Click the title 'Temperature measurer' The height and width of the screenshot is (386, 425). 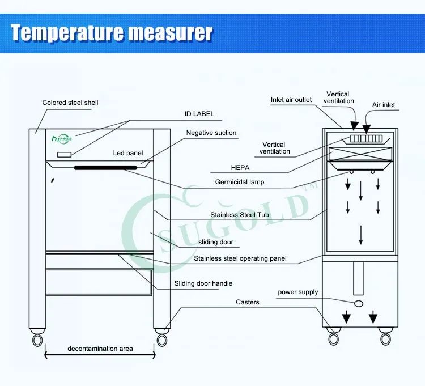pos(112,33)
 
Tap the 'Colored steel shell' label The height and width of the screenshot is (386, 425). pos(70,103)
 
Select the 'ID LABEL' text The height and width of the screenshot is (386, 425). pos(199,114)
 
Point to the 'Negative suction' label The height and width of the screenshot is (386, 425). pos(211,133)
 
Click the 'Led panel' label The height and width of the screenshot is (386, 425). pos(128,153)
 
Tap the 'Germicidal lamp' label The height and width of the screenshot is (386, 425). pos(240,182)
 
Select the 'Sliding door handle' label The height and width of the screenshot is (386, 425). pos(203,283)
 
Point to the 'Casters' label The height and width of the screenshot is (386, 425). pos(248,302)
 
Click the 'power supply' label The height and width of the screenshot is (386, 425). pos(298,292)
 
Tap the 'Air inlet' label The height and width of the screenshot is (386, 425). pos(384,105)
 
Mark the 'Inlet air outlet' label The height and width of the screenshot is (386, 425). pos(291,100)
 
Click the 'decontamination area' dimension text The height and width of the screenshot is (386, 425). pos(100,348)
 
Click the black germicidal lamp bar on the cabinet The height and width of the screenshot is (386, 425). pos(106,167)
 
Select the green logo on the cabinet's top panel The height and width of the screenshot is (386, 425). pos(63,138)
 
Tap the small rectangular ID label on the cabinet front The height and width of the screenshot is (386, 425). pos(63,155)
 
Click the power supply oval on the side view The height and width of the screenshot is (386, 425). pos(359,304)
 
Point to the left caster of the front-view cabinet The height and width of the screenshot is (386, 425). pos(37,339)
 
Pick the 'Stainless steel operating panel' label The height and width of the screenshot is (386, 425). pos(240,258)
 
